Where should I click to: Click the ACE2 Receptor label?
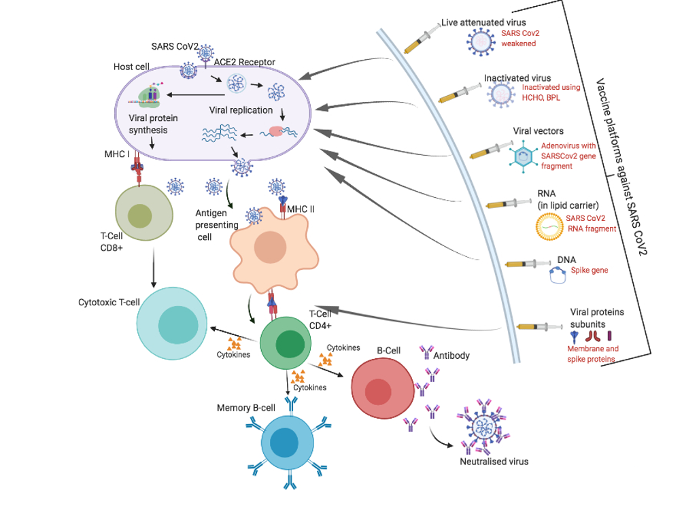coord(244,63)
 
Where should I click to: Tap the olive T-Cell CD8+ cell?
coord(140,214)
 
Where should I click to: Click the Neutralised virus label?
coord(494,462)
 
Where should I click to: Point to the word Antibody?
coord(451,356)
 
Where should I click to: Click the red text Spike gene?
coord(589,271)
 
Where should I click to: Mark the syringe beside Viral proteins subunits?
coord(538,327)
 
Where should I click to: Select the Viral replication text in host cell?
coord(241,110)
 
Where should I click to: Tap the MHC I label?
coord(119,154)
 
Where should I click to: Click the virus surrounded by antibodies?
coord(484,428)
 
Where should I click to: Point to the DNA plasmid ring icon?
coord(559,274)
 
